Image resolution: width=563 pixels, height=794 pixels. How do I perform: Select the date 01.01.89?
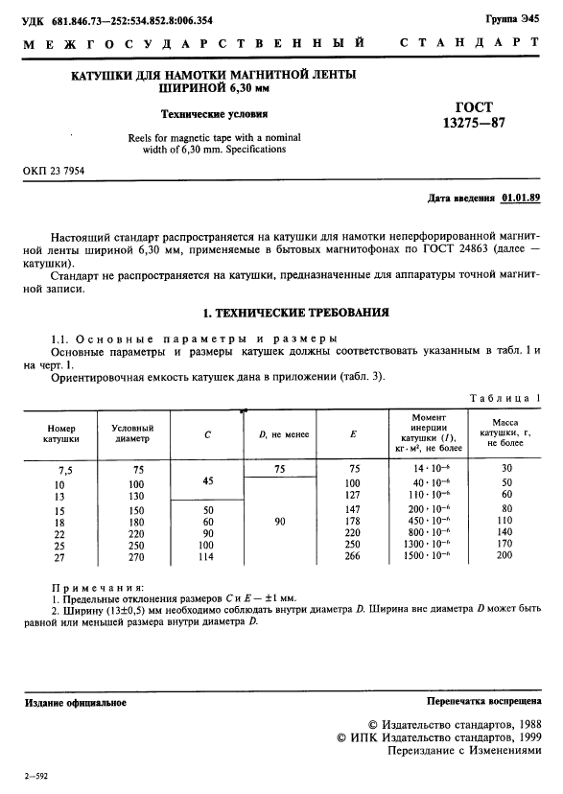pos(521,198)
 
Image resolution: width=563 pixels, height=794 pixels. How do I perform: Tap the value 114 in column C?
pos(208,554)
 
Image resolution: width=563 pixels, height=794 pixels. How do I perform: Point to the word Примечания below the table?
pos(97,586)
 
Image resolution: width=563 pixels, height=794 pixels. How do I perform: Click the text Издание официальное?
pos(75,703)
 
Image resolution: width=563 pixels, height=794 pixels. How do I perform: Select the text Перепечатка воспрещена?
pos(483,703)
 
